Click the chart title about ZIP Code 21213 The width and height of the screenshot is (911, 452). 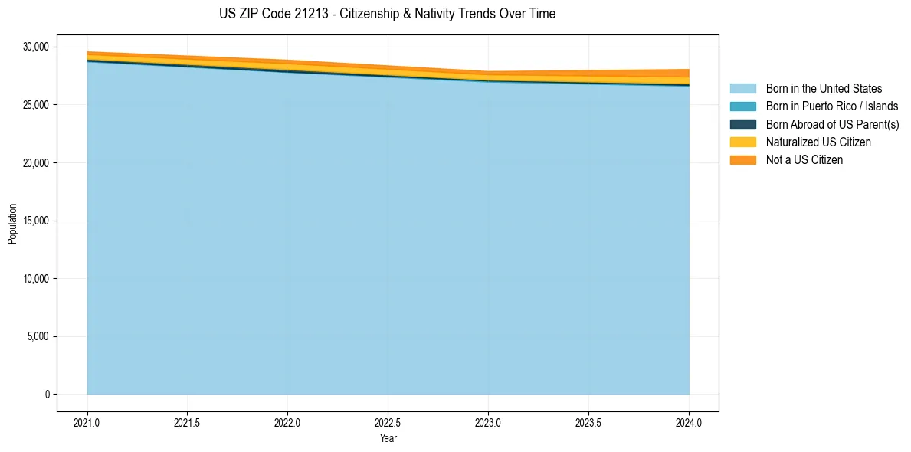[x=387, y=14]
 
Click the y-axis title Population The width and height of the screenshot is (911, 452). [x=12, y=224]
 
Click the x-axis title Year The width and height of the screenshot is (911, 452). [x=388, y=438]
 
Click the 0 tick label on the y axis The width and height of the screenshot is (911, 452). [x=46, y=395]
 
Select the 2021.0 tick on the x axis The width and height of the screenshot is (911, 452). [x=87, y=421]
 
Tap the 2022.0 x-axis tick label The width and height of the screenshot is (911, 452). [x=287, y=421]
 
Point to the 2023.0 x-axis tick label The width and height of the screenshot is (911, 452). [x=488, y=421]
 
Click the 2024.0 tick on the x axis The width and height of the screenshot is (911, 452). [x=689, y=421]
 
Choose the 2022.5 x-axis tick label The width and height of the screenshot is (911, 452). [x=388, y=421]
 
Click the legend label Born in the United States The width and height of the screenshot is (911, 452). [x=824, y=89]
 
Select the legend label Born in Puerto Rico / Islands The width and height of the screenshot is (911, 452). [x=832, y=106]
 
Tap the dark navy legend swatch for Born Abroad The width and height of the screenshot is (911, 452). [x=742, y=124]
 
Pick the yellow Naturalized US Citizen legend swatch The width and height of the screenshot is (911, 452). [x=742, y=142]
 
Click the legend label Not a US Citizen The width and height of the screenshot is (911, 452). [x=804, y=160]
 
